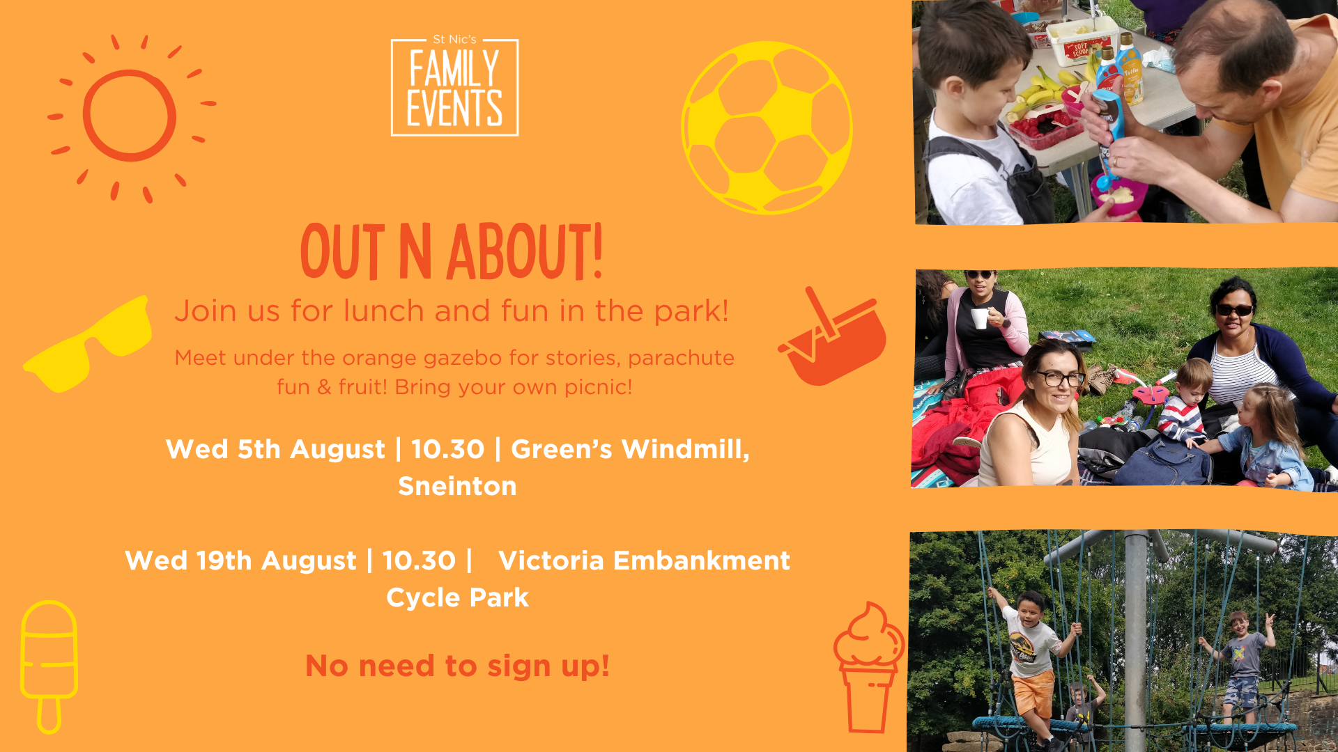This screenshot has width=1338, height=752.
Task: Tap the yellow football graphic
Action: point(767,127)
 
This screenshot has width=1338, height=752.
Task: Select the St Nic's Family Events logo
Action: point(454,85)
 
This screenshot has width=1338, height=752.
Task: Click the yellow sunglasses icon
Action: point(88,344)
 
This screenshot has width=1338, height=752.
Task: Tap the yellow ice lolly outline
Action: point(49,666)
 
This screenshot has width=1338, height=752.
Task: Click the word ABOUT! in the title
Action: point(525,252)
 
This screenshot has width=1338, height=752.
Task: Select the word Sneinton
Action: point(457,486)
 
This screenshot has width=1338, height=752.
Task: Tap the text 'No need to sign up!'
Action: point(457,666)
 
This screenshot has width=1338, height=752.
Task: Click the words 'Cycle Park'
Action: point(457,597)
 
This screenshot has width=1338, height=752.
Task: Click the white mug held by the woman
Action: point(981,318)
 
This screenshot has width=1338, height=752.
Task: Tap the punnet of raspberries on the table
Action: point(1044,130)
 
